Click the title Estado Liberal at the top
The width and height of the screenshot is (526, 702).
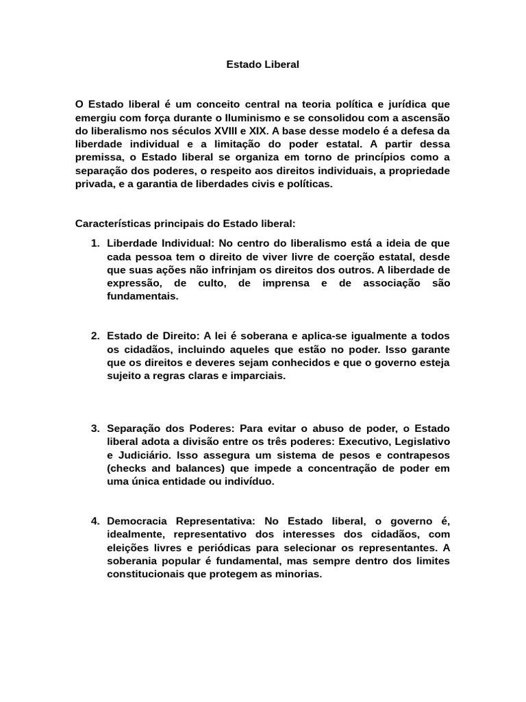(263, 64)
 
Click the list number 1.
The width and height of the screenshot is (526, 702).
(95, 243)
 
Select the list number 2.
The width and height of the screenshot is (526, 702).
(95, 336)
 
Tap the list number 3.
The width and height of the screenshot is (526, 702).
(95, 428)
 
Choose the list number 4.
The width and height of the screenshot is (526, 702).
(95, 521)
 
